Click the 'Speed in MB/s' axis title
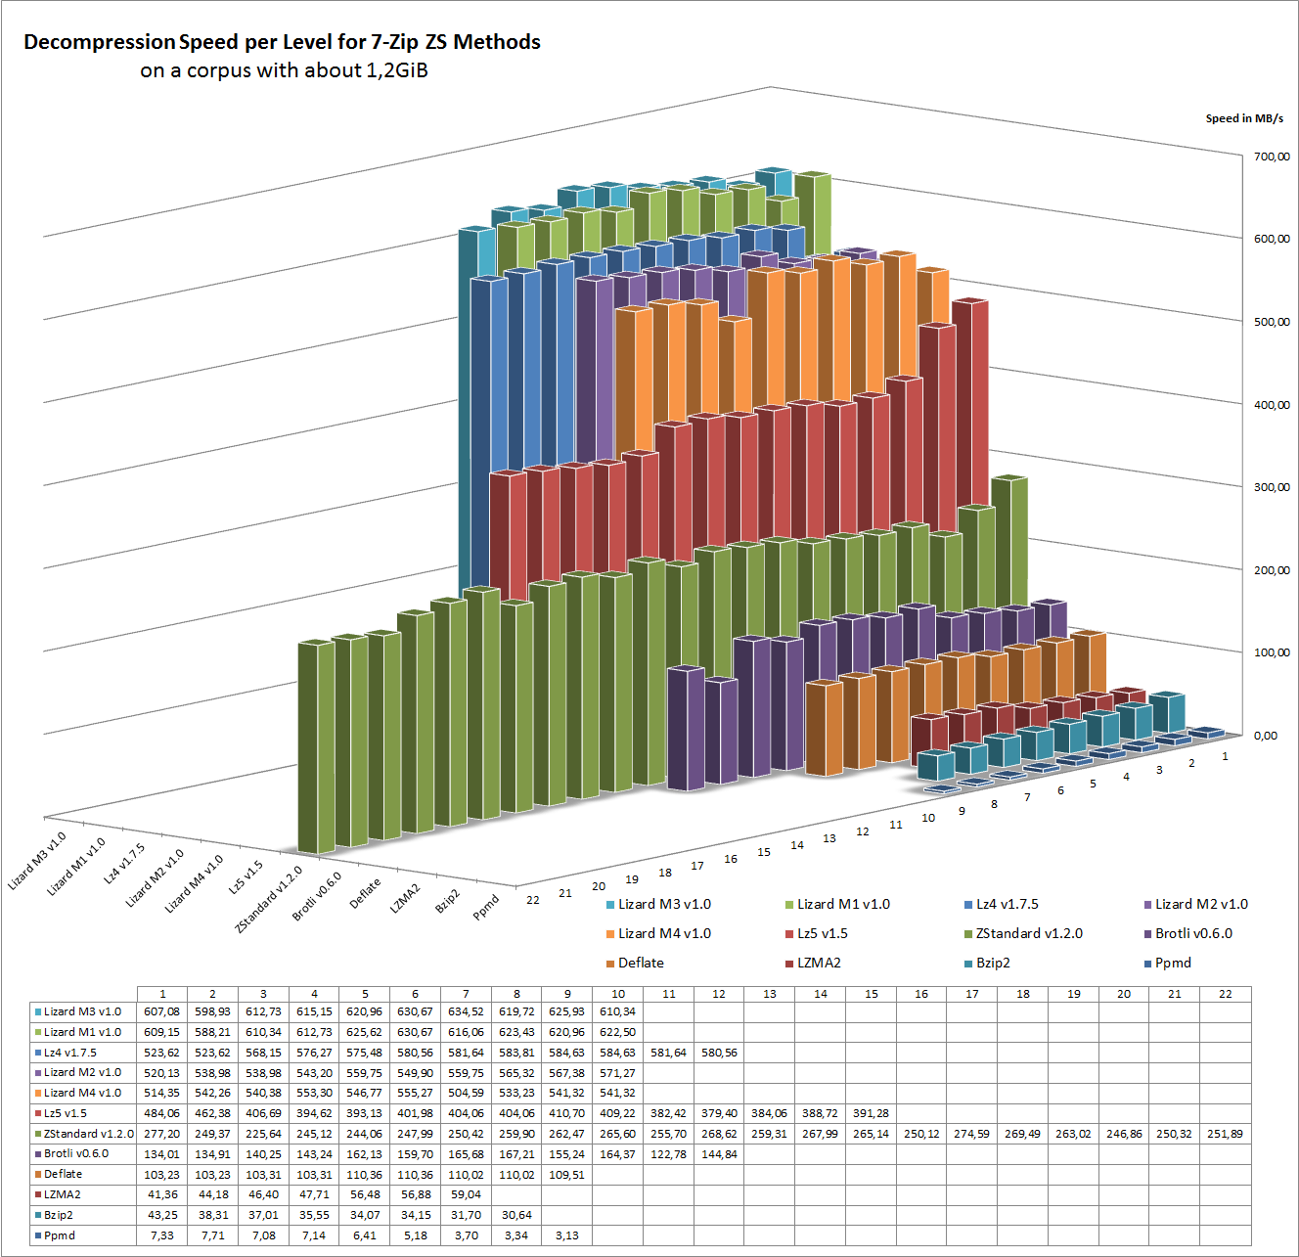pyautogui.click(x=1244, y=118)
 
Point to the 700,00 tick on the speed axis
pyautogui.click(x=1272, y=157)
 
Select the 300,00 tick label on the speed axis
pyautogui.click(x=1272, y=487)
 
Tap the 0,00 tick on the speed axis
pyautogui.click(x=1266, y=736)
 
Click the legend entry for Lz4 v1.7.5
pyautogui.click(x=1007, y=905)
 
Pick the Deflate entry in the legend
pyautogui.click(x=641, y=964)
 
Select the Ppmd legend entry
pyautogui.click(x=1173, y=964)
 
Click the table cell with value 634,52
pyautogui.click(x=466, y=1012)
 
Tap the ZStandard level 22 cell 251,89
pyautogui.click(x=1225, y=1134)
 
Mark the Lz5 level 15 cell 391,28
pyautogui.click(x=871, y=1113)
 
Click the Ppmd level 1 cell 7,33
pyautogui.click(x=162, y=1235)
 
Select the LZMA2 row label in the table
pyautogui.click(x=63, y=1194)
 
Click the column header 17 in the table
pyautogui.click(x=971, y=994)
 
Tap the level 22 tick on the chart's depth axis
pyautogui.click(x=533, y=900)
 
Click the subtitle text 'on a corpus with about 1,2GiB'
pyautogui.click(x=284, y=70)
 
